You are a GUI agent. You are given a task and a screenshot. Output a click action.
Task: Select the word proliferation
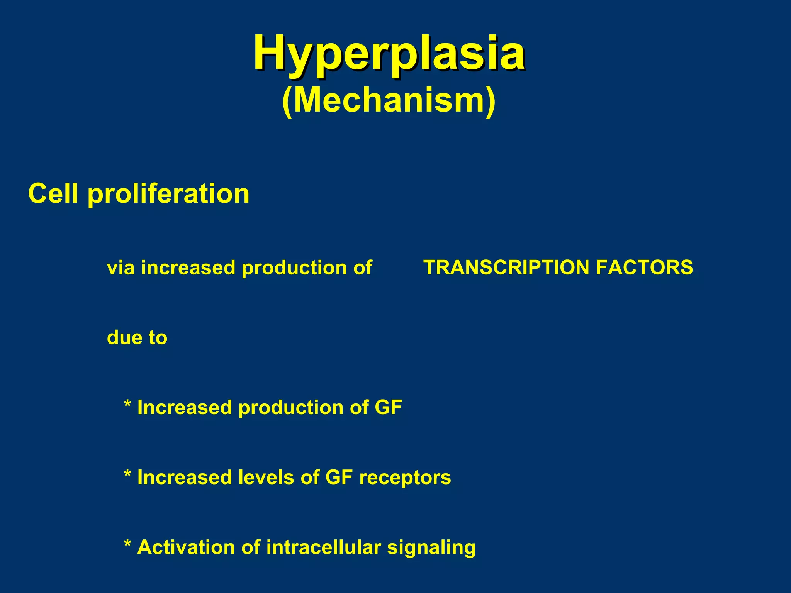point(168,194)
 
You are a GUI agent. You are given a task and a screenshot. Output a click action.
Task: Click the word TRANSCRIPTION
point(506,268)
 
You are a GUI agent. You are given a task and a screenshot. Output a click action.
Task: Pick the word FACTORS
point(644,268)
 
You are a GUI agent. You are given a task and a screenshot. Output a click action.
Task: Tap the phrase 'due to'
point(137,338)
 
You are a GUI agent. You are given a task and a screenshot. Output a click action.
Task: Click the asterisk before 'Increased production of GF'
point(127,405)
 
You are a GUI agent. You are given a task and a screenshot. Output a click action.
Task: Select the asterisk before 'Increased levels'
point(127,474)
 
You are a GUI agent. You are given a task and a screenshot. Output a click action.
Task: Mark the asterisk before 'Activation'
point(127,544)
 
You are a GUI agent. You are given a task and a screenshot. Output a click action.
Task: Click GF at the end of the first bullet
point(388,408)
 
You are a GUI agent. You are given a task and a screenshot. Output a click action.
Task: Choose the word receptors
point(405,478)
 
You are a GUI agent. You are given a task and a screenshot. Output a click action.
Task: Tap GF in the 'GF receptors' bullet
point(339,478)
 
